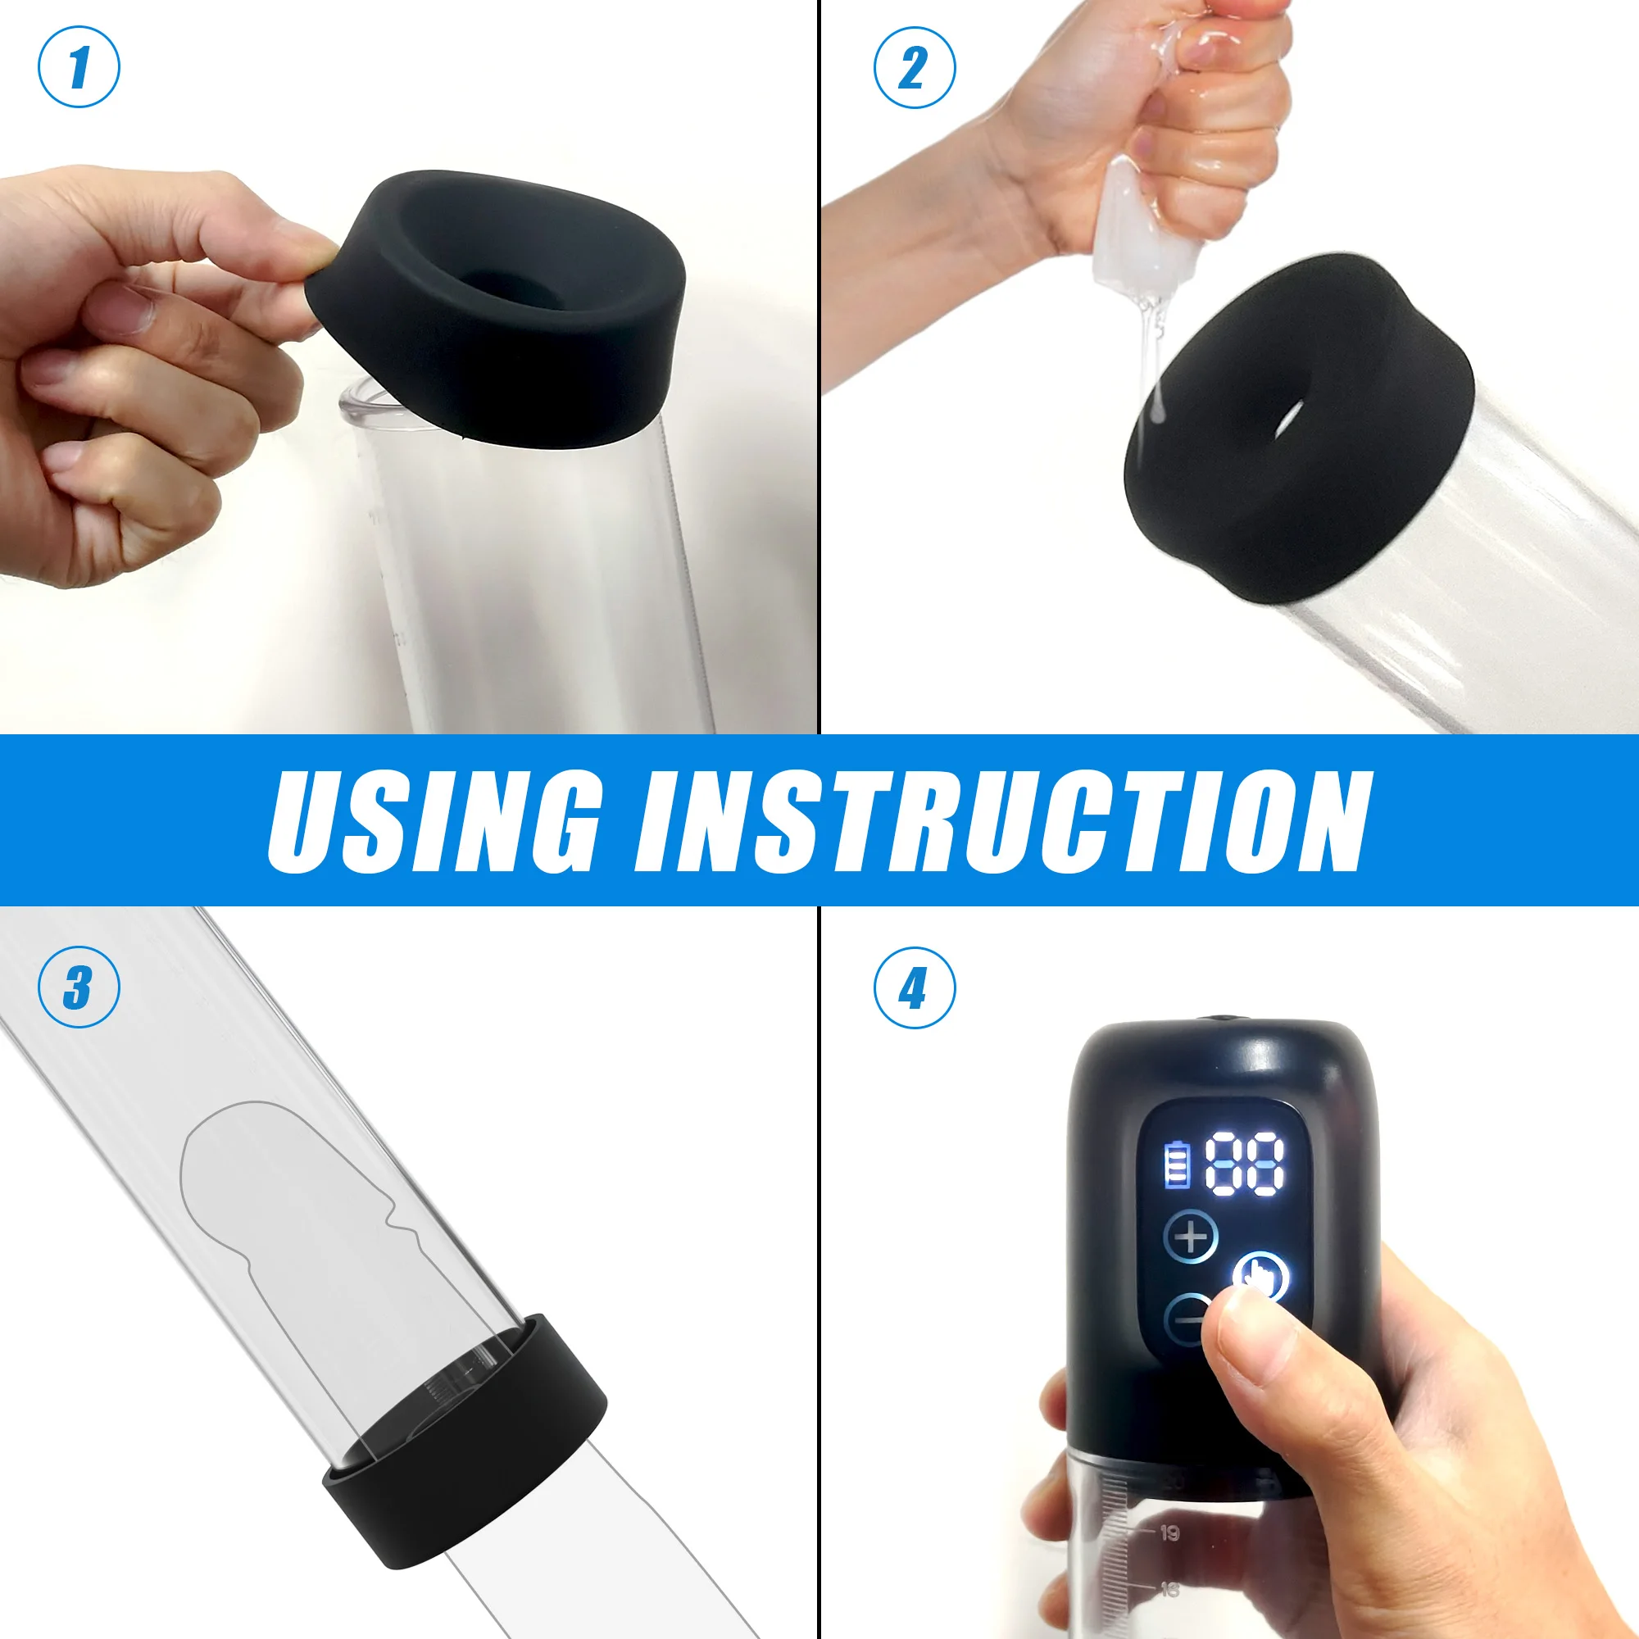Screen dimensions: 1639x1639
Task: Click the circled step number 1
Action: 79,67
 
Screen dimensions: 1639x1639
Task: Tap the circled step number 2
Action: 915,67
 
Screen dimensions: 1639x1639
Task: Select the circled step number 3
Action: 79,987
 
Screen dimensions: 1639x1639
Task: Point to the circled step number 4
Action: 915,987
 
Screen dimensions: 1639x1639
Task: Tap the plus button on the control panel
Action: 1190,1237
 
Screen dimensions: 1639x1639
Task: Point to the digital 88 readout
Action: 1245,1162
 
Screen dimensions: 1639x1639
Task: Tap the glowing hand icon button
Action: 1261,1277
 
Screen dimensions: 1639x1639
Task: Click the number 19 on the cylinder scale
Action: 1170,1533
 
